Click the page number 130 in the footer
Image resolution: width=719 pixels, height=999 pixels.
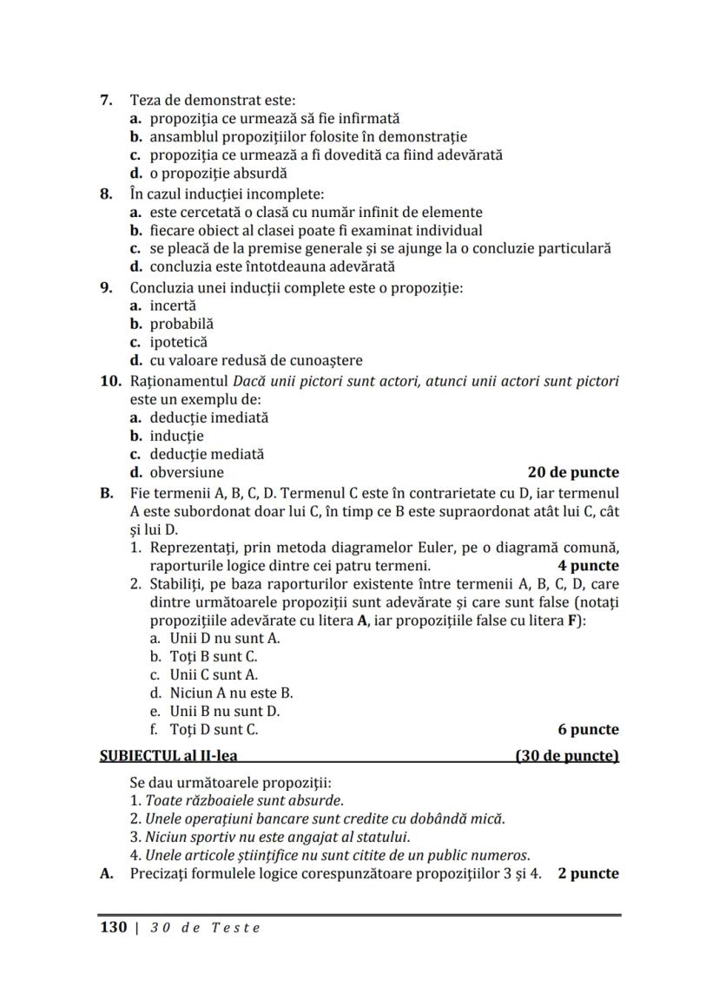point(114,927)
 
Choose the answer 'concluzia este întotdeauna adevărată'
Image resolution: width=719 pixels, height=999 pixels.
point(272,266)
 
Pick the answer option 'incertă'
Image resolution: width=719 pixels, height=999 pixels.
point(173,306)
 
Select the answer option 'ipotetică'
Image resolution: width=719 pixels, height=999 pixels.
point(178,342)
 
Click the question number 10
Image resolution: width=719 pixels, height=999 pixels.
point(110,381)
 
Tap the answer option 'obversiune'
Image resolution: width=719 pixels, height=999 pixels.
point(186,472)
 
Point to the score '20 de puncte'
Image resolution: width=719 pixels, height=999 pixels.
point(573,472)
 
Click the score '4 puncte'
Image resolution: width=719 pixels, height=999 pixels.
point(588,565)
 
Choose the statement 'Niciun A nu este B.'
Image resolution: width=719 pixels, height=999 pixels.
point(230,693)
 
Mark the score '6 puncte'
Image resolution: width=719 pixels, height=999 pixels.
point(588,729)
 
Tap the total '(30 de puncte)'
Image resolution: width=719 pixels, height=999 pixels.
point(567,755)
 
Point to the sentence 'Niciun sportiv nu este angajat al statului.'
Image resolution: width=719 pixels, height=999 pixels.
point(277,837)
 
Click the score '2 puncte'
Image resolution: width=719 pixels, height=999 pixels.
point(588,873)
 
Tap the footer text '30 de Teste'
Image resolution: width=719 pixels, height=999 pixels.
point(205,927)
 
